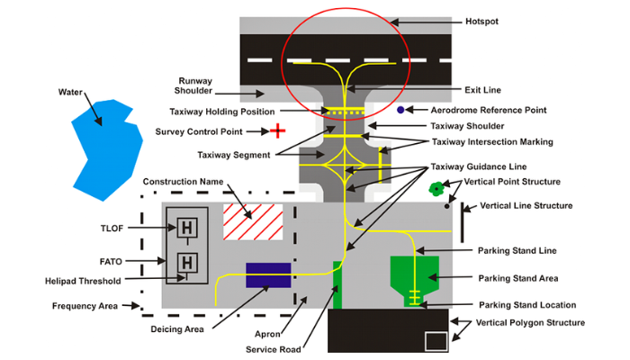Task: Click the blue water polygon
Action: (106, 148)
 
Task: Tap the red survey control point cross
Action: (278, 131)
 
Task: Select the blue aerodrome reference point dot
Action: (400, 110)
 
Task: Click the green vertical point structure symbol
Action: (437, 188)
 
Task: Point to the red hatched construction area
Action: (253, 221)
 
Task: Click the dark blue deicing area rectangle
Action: (268, 275)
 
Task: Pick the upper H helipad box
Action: (187, 229)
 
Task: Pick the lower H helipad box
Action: (187, 263)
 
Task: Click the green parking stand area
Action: (414, 274)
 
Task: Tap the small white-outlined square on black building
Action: (436, 340)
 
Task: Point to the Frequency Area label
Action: (87, 306)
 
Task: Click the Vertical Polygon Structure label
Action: (530, 322)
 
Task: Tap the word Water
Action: (71, 92)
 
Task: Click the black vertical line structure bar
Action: (462, 222)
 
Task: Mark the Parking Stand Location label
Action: (527, 305)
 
